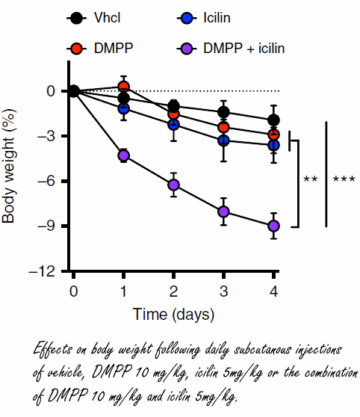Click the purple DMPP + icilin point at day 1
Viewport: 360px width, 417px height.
(123, 155)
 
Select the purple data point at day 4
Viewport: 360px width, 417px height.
(273, 226)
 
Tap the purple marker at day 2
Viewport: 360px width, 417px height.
(173, 185)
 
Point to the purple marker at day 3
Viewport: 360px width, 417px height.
(223, 211)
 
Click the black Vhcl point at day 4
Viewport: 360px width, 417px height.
(273, 120)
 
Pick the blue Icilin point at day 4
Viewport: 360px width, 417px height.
(273, 145)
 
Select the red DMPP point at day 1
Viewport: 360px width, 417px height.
(123, 87)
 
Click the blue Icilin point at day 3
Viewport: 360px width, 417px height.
(223, 140)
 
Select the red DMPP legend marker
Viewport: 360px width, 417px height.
(77, 49)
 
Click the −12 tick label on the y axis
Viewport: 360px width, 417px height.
(48, 271)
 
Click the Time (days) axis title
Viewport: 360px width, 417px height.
(173, 312)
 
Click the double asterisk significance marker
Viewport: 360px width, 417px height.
(311, 180)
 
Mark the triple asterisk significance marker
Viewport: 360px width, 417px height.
(343, 180)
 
